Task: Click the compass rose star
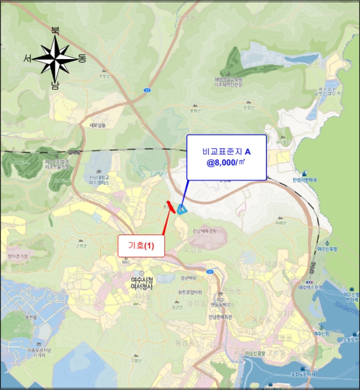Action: pyautogui.click(x=55, y=58)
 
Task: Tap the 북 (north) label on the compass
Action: pyautogui.click(x=55, y=31)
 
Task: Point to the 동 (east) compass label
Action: pyautogui.click(x=82, y=58)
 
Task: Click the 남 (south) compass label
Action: pyautogui.click(x=55, y=85)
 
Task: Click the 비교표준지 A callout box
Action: pyautogui.click(x=226, y=157)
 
